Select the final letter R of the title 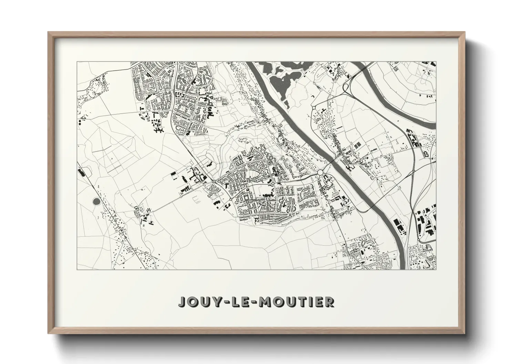click(x=330, y=302)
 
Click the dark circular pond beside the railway click(x=96, y=201)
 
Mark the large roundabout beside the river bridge click(x=320, y=172)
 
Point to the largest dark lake click(x=281, y=81)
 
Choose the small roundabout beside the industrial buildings click(x=418, y=240)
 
